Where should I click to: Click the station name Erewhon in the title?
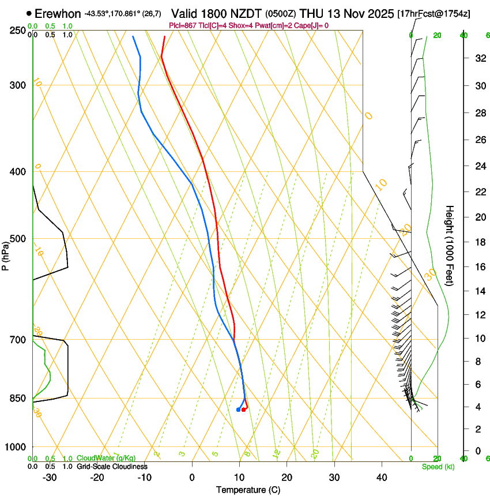pyautogui.click(x=58, y=13)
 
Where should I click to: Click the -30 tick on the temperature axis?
pyautogui.click(x=50, y=478)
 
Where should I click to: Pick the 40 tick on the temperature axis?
pyautogui.click(x=382, y=478)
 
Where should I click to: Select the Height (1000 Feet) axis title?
pyautogui.click(x=450, y=245)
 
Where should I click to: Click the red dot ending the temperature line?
pyautogui.click(x=244, y=409)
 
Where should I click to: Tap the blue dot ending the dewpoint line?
pyautogui.click(x=238, y=409)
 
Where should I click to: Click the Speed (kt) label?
pyautogui.click(x=438, y=467)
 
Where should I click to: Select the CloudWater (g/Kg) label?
pyautogui.click(x=98, y=458)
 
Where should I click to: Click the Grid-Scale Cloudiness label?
pyautogui.click(x=112, y=467)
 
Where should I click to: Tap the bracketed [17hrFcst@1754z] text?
pyautogui.click(x=434, y=13)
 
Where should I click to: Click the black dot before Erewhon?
pyautogui.click(x=29, y=13)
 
